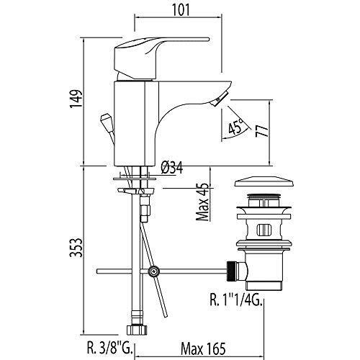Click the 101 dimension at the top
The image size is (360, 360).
181,10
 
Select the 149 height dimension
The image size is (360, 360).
76,99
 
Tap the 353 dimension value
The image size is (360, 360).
76,247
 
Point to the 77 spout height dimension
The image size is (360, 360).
261,130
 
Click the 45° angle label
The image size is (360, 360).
236,127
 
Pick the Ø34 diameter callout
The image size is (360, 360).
172,168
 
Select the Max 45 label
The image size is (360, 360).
202,202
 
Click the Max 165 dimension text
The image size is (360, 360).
203,348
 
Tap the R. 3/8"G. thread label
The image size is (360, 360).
109,348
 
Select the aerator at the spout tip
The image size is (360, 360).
219,99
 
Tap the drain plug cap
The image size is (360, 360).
264,182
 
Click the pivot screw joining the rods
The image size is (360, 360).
153,271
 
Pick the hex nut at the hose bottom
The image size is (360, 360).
136,329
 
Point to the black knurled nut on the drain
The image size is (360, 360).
230,271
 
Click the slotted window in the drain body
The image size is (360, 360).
264,230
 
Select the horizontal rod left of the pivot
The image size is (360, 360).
120,271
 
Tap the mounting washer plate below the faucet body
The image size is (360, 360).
135,179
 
